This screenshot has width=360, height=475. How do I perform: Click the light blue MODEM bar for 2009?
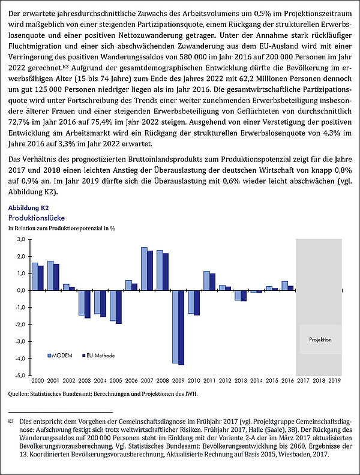pos(175,326)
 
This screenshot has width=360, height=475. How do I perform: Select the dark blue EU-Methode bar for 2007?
pos(150,270)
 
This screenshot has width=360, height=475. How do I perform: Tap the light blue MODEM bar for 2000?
pos(35,276)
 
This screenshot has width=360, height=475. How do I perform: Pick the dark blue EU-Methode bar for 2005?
pos(118,307)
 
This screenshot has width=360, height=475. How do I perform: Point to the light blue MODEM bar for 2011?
pos(206,281)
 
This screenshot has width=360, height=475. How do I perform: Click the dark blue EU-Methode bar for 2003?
pos(88,304)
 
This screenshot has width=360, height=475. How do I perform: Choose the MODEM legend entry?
pos(60,355)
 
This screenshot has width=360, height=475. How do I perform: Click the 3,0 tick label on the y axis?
pos(20,240)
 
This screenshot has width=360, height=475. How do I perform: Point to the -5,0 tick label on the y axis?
pos(20,375)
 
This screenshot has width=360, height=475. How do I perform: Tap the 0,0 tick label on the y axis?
pos(20,290)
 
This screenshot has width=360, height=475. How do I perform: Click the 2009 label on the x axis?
pos(178,381)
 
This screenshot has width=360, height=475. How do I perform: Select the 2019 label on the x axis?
pos(334,381)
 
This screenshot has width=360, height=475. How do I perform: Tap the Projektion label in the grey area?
pos(320,339)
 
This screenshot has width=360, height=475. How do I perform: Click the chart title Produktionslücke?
pos(37,218)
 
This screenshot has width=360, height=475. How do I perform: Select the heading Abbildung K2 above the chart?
pos(28,208)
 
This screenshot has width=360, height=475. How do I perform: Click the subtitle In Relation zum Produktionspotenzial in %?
pos(62,229)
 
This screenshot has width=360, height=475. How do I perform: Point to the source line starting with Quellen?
pos(103,394)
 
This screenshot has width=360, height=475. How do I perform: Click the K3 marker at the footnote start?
pos(11,421)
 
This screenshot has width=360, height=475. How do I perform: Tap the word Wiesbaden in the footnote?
pos(292,454)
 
